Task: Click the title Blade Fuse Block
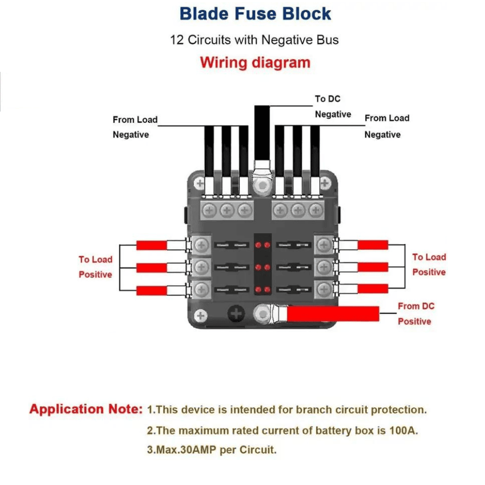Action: click(255, 14)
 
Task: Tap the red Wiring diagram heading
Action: click(255, 63)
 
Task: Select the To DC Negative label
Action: click(333, 107)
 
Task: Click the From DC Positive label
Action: click(416, 314)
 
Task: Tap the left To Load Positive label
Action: click(96, 267)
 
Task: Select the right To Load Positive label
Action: click(429, 265)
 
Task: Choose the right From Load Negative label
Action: click(387, 126)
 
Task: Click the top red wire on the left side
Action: click(152, 245)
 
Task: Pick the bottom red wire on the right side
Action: click(372, 289)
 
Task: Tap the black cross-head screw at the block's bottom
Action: click(236, 315)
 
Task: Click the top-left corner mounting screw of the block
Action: click(199, 184)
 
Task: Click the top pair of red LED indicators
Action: click(262, 245)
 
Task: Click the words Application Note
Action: click(84, 409)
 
